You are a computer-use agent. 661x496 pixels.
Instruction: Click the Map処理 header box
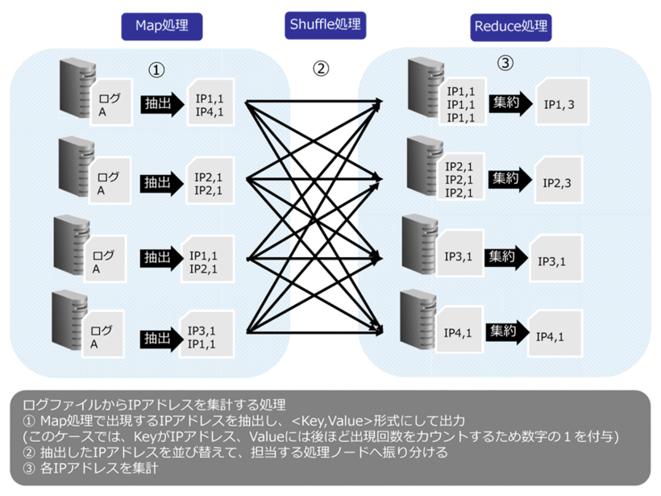coord(160,25)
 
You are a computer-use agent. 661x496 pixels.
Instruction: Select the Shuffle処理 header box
coord(326,24)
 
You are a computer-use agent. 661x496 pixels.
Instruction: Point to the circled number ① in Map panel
coord(157,70)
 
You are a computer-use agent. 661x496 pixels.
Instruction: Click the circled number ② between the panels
coord(321,69)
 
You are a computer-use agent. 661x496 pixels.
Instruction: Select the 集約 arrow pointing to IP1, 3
coord(511,102)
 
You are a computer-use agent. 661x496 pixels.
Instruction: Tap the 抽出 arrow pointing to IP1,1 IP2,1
coord(159,258)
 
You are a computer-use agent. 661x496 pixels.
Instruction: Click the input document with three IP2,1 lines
coord(460,178)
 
